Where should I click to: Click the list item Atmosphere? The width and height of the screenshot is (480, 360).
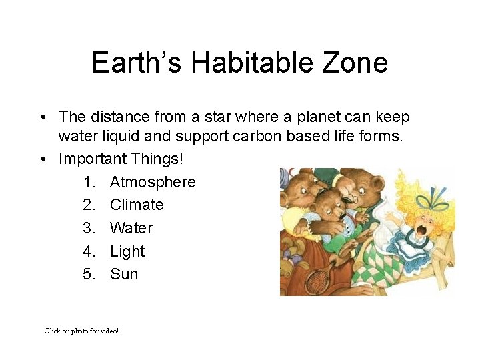[x=153, y=182]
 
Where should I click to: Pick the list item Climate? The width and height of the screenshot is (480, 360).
[x=137, y=205]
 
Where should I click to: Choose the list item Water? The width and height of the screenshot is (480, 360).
[x=131, y=228]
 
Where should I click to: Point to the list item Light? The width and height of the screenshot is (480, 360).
[x=127, y=251]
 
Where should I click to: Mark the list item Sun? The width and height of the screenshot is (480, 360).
[x=124, y=274]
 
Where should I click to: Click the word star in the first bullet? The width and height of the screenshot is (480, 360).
[x=209, y=117]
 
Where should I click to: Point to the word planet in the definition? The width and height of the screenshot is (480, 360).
[x=301, y=117]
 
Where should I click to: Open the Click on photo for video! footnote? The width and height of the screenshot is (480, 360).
[x=81, y=331]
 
